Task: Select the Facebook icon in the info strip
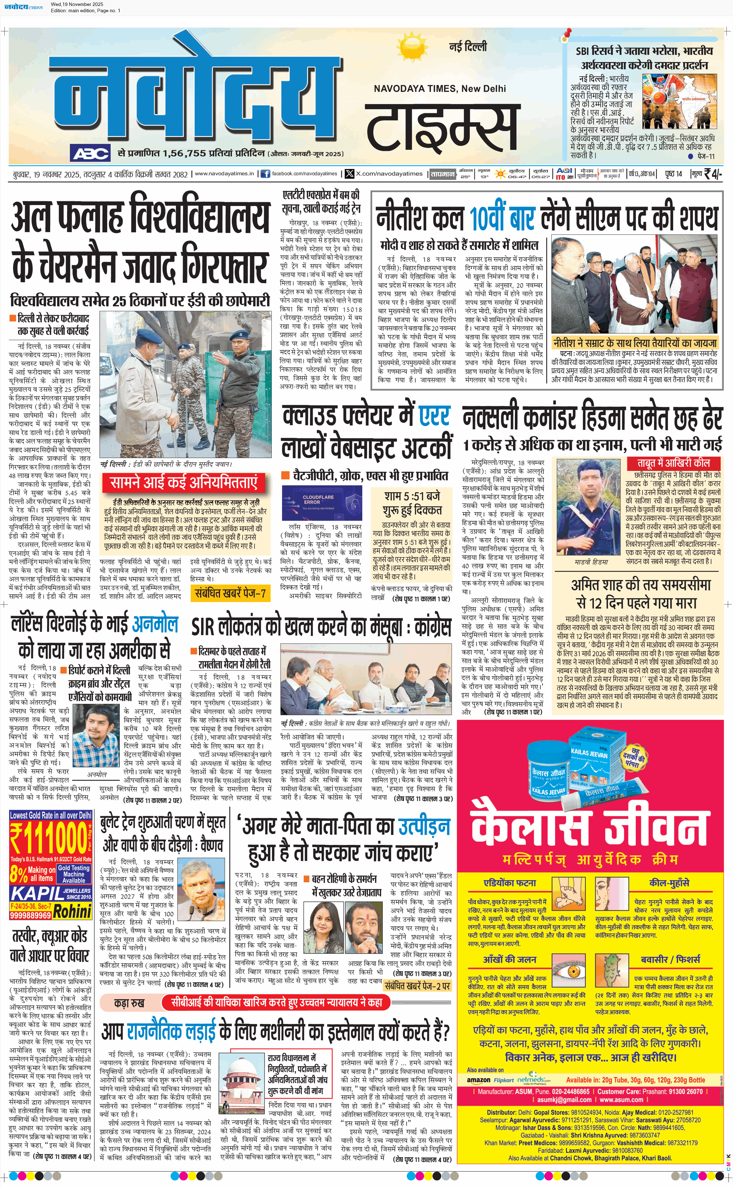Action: click(265, 174)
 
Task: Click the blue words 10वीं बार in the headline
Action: click(502, 218)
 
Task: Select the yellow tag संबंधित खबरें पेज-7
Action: click(230, 593)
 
